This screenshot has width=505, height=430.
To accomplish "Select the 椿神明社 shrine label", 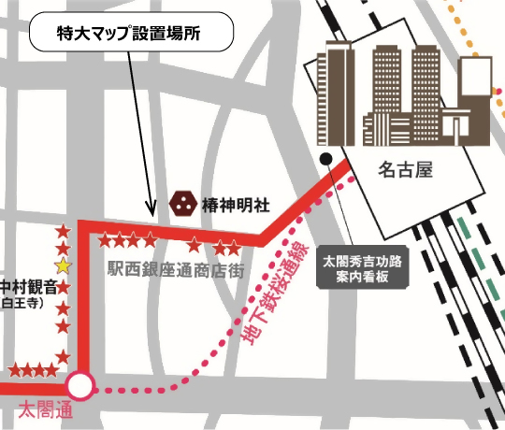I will click(236, 202).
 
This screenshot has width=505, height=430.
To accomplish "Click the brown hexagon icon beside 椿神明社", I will click(181, 201).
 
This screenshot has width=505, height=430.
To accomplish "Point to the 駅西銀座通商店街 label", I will click(177, 270).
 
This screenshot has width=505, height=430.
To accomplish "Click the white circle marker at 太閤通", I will click(80, 385).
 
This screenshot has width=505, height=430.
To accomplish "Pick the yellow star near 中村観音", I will click(62, 267).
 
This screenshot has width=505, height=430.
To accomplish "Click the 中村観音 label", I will click(27, 286).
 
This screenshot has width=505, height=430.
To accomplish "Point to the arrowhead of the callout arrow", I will click(150, 211).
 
